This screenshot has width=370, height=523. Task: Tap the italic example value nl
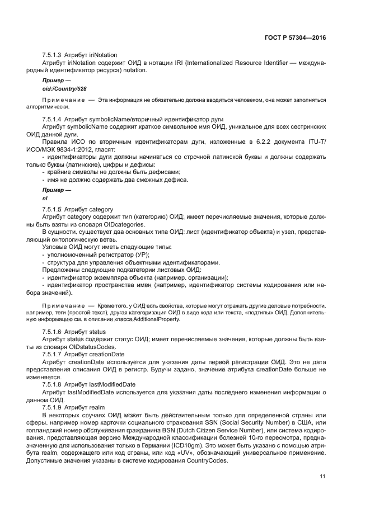45,198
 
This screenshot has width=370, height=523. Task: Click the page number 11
322,477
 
